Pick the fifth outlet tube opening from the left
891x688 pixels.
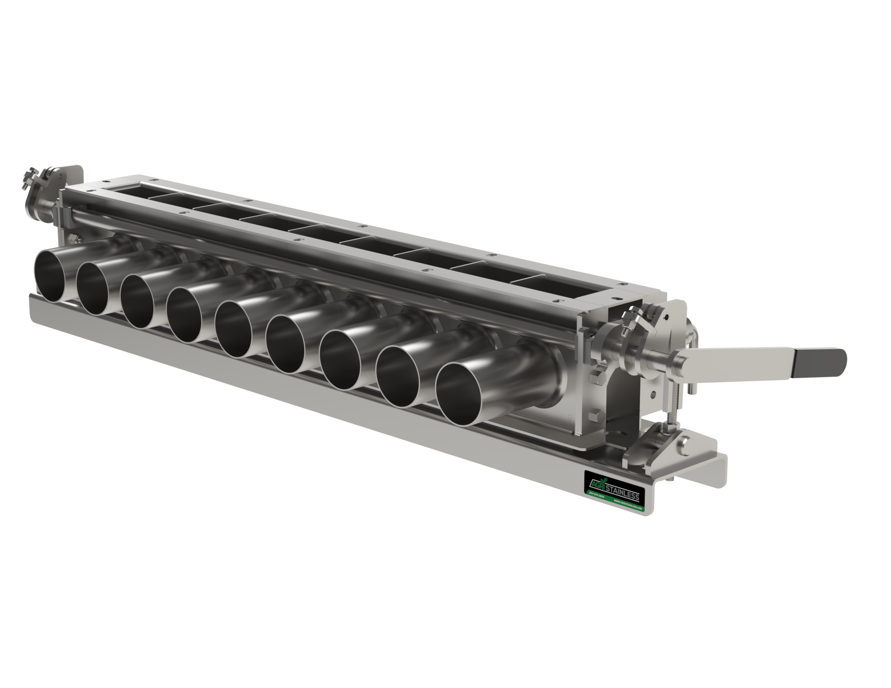(234, 330)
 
